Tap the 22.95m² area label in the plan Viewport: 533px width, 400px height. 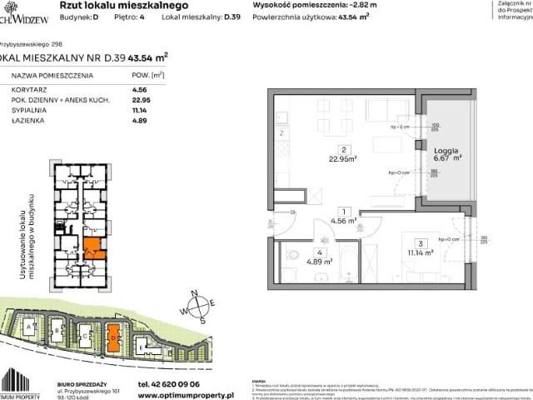click(x=341, y=161)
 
